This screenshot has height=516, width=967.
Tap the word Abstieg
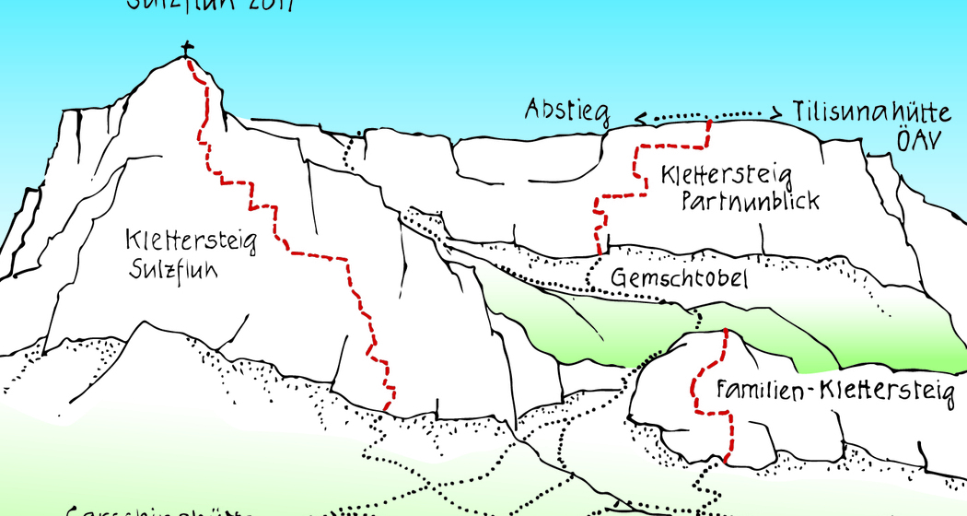[x=567, y=110]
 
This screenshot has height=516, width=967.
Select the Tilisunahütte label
[x=870, y=112]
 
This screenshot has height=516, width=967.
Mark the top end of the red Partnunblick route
[x=709, y=122]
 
